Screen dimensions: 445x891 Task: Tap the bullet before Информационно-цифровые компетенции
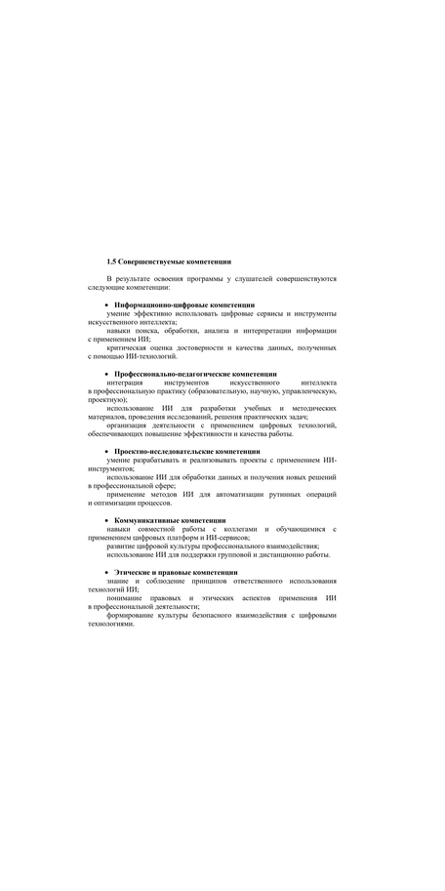point(106,305)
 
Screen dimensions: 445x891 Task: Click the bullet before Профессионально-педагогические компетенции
point(106,374)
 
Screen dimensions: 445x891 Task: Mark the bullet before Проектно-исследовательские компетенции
point(106,451)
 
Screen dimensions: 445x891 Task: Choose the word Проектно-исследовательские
point(163,451)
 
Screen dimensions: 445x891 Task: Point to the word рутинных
point(292,494)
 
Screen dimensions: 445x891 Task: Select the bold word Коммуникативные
point(148,520)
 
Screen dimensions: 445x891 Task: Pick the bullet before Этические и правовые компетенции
point(106,572)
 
